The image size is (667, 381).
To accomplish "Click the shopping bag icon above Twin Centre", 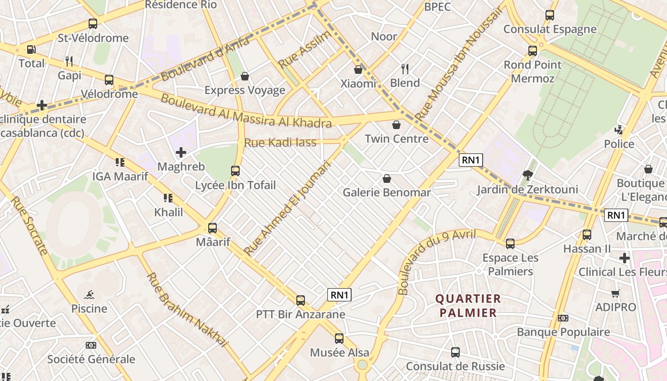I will click(396, 125).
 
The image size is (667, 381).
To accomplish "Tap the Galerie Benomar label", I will click(387, 192).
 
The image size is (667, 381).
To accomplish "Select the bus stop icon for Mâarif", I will click(212, 228).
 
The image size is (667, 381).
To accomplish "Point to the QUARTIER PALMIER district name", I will click(468, 306).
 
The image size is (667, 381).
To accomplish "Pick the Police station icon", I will click(619, 130).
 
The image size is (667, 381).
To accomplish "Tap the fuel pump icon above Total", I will click(31, 49).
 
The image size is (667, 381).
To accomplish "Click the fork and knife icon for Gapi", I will click(69, 61).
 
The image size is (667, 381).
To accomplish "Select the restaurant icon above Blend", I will click(405, 69).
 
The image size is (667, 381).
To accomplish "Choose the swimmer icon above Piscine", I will click(89, 295).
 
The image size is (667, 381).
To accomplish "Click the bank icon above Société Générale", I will click(91, 345).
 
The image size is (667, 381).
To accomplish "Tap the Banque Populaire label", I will click(563, 332).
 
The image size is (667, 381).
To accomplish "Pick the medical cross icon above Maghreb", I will click(181, 152).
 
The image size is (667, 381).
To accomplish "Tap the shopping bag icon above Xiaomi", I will click(358, 70).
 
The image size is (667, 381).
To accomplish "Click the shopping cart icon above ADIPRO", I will click(616, 293).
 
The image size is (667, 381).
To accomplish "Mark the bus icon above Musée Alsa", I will click(339, 339).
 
